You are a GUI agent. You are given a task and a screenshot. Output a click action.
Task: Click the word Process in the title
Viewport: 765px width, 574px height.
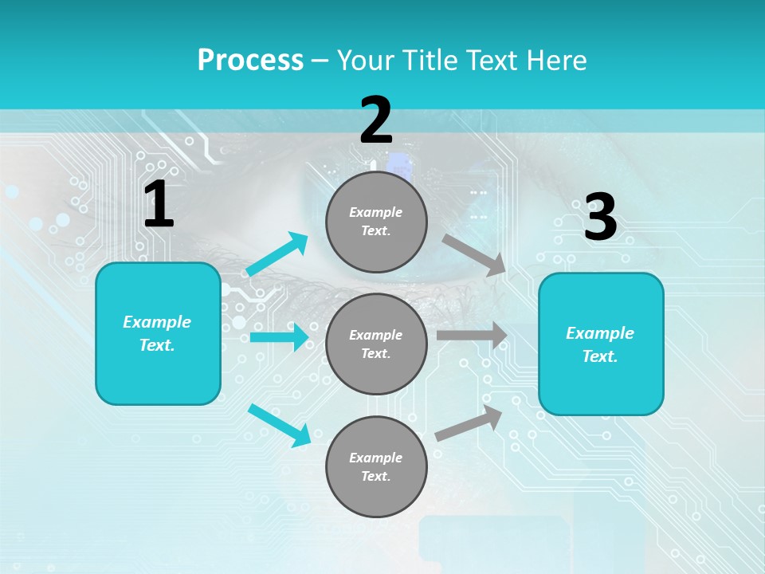pos(250,61)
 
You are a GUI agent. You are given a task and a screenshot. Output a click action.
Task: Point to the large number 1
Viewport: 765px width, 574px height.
pos(159,205)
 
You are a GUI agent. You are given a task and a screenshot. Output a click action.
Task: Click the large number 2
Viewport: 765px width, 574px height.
pos(376,120)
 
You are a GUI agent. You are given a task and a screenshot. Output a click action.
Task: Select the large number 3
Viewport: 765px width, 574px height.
pos(600,218)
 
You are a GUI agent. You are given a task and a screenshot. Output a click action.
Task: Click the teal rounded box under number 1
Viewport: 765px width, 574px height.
pos(158,333)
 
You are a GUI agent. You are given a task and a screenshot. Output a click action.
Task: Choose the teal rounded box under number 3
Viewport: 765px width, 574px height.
pos(601,344)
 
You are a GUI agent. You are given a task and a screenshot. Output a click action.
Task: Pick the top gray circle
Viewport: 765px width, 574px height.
pos(376,222)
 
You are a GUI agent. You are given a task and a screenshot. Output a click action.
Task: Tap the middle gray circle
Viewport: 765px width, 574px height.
pos(376,344)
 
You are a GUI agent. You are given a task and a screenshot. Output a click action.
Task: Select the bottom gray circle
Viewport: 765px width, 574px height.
pos(376,466)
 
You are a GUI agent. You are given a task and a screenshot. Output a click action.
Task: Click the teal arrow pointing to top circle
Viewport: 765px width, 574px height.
pos(277,254)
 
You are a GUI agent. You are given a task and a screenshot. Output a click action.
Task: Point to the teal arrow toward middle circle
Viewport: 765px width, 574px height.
pos(278,337)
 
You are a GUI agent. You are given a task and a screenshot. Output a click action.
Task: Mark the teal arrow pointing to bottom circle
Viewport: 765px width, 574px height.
pos(279,425)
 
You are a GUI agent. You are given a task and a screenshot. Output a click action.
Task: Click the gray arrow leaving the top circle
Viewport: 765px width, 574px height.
pos(473,254)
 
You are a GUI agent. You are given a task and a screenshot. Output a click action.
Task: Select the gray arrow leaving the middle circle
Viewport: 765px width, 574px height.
pos(471,336)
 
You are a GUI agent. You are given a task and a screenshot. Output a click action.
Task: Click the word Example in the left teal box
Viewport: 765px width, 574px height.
pos(157,322)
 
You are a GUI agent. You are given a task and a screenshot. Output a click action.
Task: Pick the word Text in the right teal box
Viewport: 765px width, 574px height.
pos(599,356)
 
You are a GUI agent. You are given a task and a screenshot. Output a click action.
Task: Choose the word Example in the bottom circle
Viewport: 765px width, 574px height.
pos(376,458)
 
